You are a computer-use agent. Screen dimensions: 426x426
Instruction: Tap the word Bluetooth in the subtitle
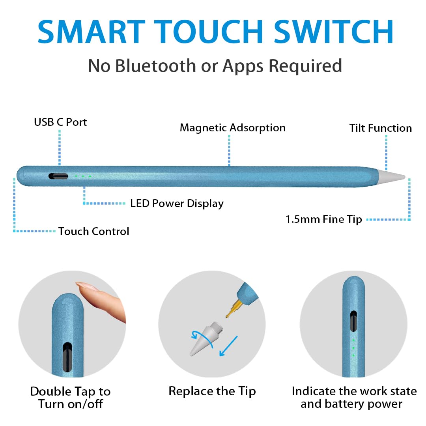click(155, 65)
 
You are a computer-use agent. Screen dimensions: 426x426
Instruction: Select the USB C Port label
click(60, 122)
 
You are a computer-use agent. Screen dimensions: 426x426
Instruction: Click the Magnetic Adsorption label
click(232, 128)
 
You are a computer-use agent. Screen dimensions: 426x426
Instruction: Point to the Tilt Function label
click(380, 128)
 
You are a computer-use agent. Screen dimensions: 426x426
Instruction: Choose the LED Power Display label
click(177, 204)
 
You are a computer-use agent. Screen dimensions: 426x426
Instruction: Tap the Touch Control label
click(93, 231)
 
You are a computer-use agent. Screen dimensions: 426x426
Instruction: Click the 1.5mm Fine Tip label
click(323, 219)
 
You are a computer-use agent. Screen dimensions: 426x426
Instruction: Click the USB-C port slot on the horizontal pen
click(58, 176)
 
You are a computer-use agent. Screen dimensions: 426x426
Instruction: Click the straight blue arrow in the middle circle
click(228, 346)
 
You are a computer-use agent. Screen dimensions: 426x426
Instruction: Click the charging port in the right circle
click(353, 320)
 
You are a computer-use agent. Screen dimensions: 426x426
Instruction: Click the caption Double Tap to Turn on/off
click(70, 398)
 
